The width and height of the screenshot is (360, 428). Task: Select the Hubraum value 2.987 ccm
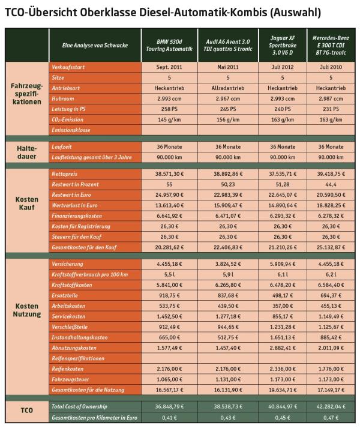click(332, 98)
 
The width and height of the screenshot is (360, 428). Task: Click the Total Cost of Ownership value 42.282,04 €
click(332, 406)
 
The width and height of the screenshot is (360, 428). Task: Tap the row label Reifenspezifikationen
click(79, 358)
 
